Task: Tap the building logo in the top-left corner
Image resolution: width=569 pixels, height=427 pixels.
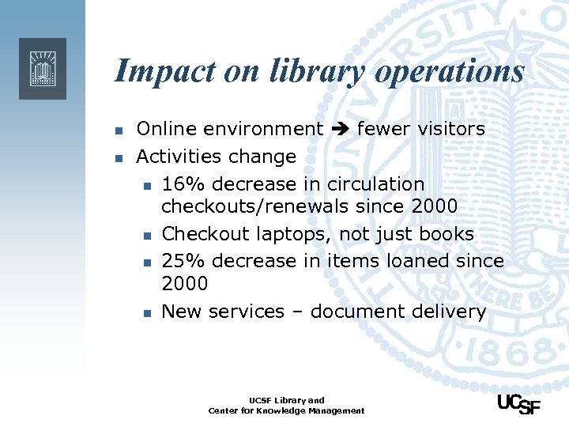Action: pyautogui.click(x=42, y=68)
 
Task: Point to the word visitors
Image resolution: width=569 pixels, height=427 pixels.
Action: pyautogui.click(x=446, y=129)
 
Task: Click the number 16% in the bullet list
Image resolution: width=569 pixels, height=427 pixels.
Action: pyautogui.click(x=183, y=184)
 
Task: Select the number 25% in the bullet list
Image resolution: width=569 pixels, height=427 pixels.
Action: pyautogui.click(x=183, y=261)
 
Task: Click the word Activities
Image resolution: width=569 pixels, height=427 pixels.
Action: pyautogui.click(x=181, y=157)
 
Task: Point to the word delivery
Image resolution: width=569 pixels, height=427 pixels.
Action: pyautogui.click(x=447, y=312)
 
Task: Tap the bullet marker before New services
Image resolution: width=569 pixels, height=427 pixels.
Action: pyautogui.click(x=145, y=313)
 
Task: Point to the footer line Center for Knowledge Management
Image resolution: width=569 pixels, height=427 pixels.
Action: pyautogui.click(x=287, y=410)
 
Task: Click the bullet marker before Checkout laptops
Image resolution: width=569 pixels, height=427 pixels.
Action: pyautogui.click(x=145, y=236)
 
